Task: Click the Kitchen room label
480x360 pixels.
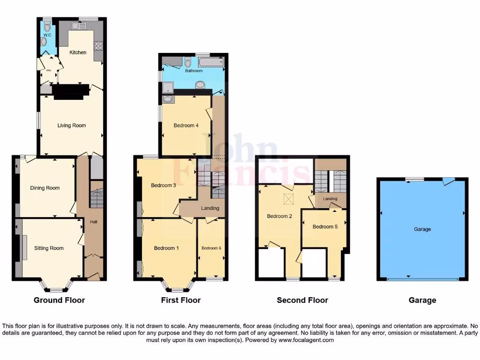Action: click(78, 52)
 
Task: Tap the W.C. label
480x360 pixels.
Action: click(47, 35)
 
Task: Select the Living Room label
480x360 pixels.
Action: click(72, 126)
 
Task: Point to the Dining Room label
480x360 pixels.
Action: click(45, 188)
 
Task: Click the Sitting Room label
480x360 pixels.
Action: click(49, 248)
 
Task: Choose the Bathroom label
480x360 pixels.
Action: click(194, 71)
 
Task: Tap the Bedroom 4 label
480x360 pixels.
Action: click(186, 126)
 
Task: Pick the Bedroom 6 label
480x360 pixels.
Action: click(211, 248)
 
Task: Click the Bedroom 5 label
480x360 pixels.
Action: click(325, 227)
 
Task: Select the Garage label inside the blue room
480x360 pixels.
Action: click(422, 229)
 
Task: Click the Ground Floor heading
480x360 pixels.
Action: click(59, 300)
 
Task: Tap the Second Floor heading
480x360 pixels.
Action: click(302, 300)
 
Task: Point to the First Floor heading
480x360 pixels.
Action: click(181, 300)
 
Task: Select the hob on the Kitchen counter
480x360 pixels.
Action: click(99, 45)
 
